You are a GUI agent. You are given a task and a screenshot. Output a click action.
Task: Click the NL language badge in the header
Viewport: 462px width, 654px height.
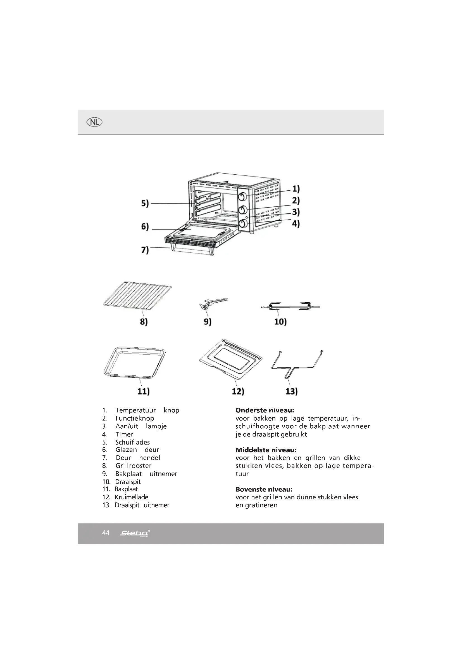point(94,122)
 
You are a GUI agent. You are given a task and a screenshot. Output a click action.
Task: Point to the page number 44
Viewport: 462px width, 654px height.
point(106,533)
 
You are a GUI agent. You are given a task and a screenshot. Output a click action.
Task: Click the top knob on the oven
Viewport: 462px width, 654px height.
point(243,197)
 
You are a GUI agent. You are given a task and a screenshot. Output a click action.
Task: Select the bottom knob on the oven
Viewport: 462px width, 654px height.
point(243,224)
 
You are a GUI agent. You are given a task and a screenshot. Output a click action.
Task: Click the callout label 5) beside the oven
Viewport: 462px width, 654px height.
point(145,203)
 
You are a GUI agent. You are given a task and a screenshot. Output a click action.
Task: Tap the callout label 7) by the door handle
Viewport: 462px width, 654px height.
point(145,250)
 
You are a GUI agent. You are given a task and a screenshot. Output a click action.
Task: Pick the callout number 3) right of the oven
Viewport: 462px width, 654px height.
point(296,212)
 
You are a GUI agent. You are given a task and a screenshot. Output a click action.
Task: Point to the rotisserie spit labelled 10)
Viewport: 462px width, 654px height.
point(290,306)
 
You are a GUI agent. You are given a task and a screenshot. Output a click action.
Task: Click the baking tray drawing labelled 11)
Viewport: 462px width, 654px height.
point(135,362)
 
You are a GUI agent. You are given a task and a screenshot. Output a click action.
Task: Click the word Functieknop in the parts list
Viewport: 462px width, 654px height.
point(135,418)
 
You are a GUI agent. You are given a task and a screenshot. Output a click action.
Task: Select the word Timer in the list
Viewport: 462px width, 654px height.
point(124,434)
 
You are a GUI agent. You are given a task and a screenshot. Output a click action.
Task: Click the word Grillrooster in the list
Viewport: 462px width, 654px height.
point(134,466)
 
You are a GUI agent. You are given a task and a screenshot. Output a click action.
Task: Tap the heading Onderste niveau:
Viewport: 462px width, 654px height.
point(265,410)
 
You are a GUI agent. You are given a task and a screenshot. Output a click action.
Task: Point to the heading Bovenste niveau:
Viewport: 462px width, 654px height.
point(264,489)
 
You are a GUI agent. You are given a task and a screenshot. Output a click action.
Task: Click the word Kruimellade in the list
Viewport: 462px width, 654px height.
point(132,497)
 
